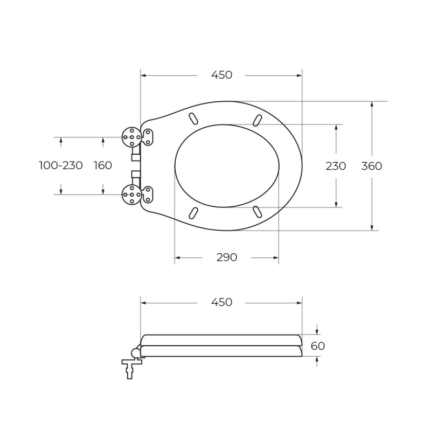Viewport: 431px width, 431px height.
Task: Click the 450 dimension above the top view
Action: point(221,75)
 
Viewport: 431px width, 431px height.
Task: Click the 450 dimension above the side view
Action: point(221,302)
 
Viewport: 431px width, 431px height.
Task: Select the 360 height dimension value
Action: point(371,166)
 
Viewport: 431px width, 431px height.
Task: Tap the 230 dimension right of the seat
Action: point(336,166)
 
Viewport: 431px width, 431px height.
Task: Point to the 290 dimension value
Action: point(227,258)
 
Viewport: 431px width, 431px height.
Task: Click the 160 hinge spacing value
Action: point(103,165)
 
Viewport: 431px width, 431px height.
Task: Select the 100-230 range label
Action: point(61,165)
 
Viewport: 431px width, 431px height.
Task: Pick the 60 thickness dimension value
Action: point(318,346)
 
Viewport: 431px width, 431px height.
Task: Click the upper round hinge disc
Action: point(131,137)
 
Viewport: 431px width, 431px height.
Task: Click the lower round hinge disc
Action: point(131,194)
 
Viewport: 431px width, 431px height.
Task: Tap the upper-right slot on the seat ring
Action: point(258,120)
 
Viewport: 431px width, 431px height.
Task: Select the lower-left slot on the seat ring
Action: point(193,213)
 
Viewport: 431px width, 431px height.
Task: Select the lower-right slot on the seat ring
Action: point(258,212)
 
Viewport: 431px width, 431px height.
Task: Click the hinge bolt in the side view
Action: point(131,369)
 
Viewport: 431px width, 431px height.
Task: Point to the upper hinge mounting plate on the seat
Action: point(147,137)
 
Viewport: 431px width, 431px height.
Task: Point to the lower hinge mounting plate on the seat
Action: point(147,194)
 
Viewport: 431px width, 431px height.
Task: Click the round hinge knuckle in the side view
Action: point(135,353)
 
